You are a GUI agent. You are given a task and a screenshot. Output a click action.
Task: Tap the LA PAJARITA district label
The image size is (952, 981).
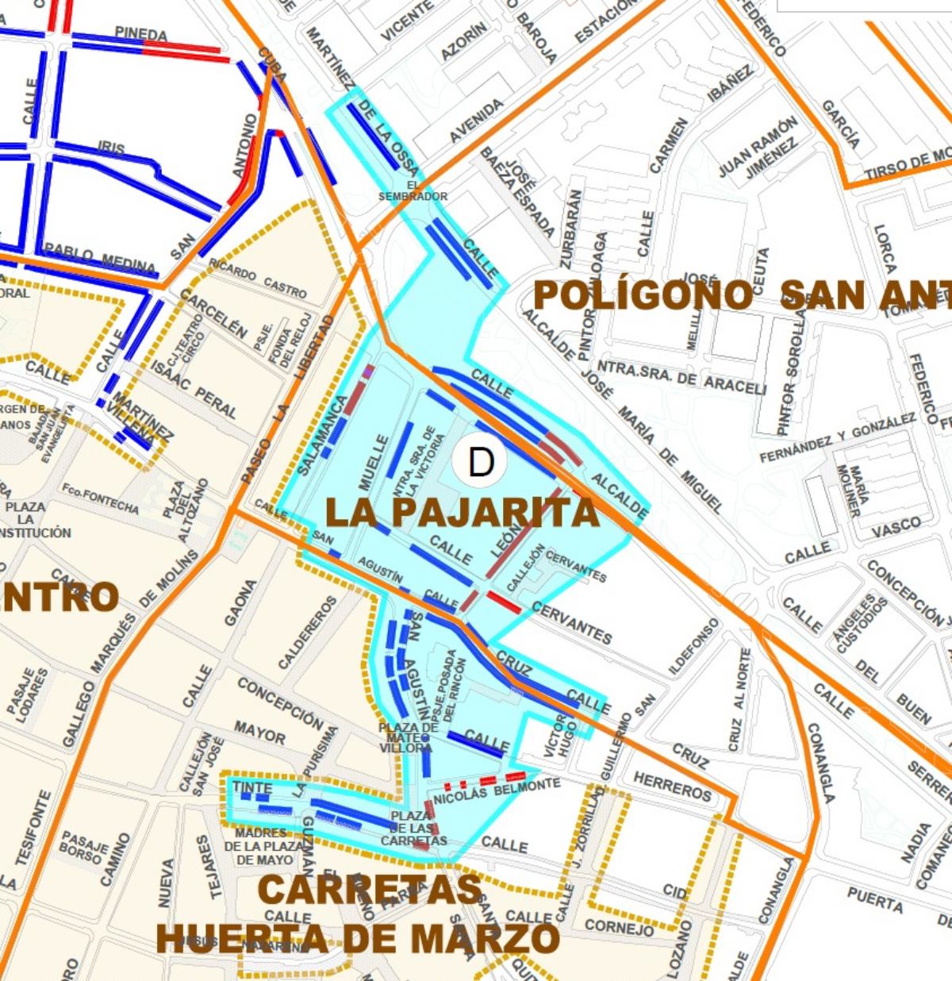coord(462,513)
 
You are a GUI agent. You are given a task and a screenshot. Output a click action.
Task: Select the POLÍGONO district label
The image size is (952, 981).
coord(643,295)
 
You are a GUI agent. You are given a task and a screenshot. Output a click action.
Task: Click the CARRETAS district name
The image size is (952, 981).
coord(370,889)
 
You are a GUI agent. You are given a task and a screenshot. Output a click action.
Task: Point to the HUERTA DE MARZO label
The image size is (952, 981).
coord(358,939)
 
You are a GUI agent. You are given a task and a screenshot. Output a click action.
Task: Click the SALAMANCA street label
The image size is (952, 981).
coord(323,435)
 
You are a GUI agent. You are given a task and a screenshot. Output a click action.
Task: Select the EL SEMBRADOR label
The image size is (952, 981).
coord(413,191)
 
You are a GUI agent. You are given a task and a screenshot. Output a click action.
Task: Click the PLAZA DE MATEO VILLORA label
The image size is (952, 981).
coord(407,738)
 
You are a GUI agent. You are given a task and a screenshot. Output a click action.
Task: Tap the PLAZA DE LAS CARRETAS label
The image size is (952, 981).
coord(414,829)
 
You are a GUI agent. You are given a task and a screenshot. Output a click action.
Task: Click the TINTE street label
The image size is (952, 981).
coord(252,787)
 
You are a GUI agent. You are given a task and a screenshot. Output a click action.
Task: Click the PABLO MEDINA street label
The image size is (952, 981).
coord(100,257)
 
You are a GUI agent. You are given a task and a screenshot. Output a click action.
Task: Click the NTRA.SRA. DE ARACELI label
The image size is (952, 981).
coord(681,377)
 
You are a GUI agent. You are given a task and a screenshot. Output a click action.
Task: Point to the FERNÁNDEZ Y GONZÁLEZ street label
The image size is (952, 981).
coord(838,438)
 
